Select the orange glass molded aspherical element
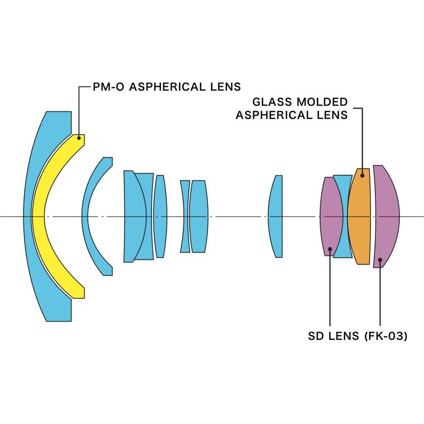pos(359,216)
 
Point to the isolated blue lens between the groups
pos(276,216)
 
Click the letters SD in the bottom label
pos(316,336)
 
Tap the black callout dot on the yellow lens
pos(79,138)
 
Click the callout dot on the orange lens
pos(362,175)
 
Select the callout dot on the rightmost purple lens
pos(380,259)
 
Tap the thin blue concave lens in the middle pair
pos(185,216)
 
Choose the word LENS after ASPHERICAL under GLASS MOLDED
pos(333,115)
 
